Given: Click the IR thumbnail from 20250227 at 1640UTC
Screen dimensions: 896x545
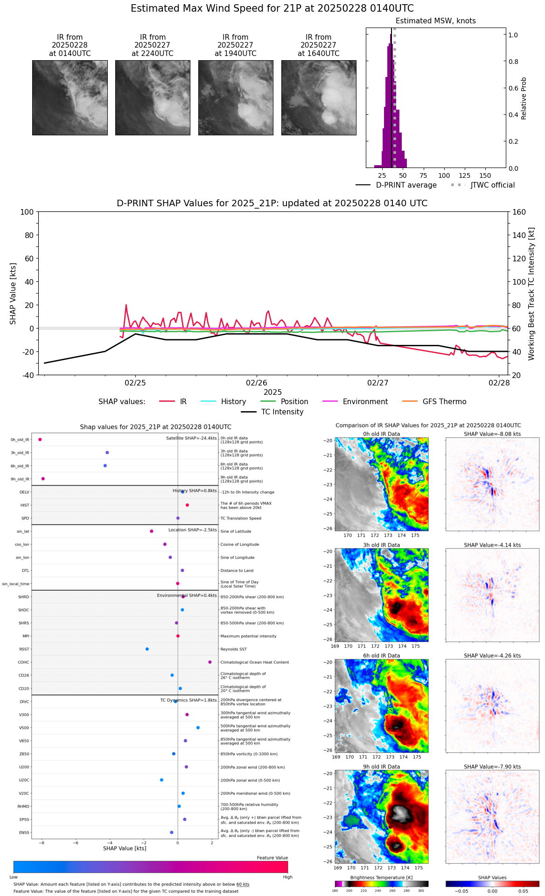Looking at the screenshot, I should coord(319,98).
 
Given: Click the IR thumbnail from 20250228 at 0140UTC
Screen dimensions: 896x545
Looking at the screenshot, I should coord(70,98).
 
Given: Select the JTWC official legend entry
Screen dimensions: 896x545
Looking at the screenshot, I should coord(483,185).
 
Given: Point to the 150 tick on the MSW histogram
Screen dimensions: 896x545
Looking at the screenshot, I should coord(485,175).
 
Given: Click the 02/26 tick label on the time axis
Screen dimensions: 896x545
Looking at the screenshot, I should coord(257,383).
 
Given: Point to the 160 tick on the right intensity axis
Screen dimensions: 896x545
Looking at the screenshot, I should coord(519,212).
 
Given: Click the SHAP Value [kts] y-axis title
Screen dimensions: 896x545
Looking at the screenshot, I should coord(13,294).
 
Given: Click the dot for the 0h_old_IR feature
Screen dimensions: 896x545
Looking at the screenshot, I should coord(40,440).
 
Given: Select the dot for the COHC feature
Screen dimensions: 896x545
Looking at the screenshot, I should coord(210,662).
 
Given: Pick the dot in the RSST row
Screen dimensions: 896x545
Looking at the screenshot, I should coord(147,649).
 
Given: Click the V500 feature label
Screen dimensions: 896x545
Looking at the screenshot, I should coord(24,728).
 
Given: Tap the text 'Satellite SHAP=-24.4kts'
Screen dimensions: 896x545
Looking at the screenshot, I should coord(191,438).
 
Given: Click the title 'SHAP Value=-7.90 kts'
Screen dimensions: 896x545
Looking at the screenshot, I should coord(492,767).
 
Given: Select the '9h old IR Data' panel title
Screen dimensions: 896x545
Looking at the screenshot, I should coord(381,767).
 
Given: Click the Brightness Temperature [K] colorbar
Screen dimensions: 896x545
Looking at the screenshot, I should coord(381,884).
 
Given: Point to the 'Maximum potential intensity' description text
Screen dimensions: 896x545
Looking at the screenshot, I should coord(248,636).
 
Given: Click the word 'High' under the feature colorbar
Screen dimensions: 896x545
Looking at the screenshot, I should coord(287,877).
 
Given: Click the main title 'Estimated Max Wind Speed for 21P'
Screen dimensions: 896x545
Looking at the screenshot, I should coord(272,8).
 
